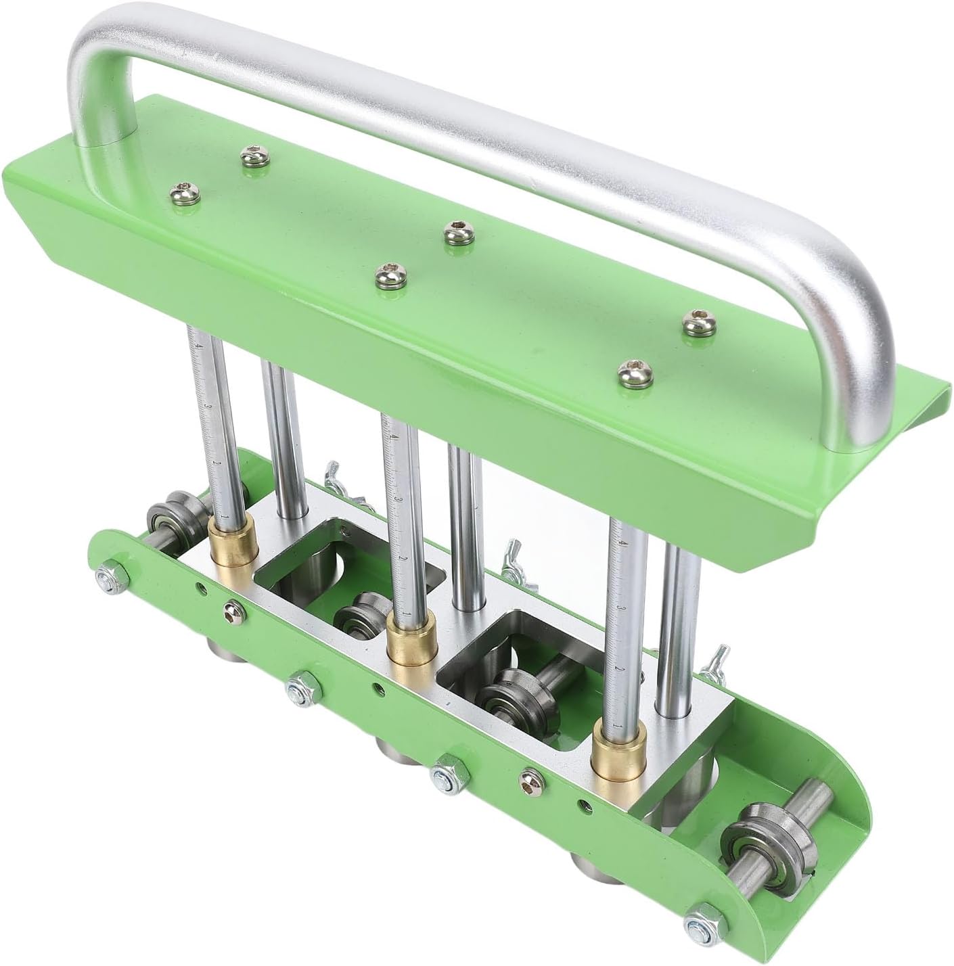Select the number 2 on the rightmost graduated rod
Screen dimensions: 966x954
point(619,669)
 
